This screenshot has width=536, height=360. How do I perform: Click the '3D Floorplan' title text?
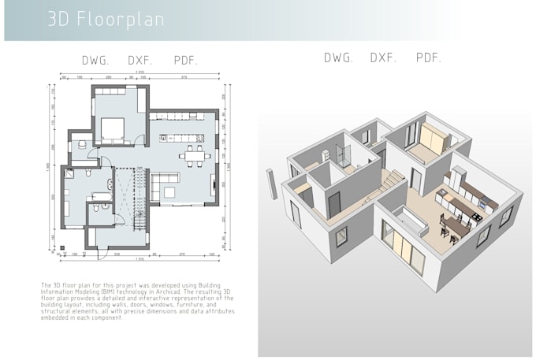pos(106,20)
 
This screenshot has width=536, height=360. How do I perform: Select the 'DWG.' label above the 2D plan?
pos(95,61)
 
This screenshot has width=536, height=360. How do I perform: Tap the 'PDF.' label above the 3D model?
pos(429,58)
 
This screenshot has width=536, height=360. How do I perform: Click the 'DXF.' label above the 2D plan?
pos(141,61)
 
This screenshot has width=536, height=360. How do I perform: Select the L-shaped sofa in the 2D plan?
pos(162,188)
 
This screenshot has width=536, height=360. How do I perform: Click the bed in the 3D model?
pos(431,140)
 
